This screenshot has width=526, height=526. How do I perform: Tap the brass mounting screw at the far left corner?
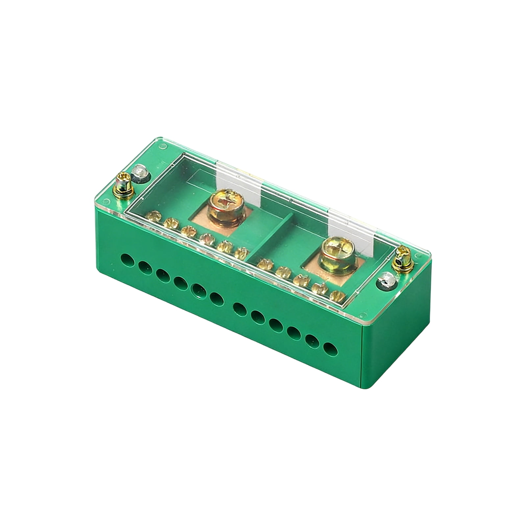coord(124,185)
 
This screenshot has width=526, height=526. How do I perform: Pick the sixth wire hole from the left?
coord(216,299)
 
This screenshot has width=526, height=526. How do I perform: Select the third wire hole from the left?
coord(163,275)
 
